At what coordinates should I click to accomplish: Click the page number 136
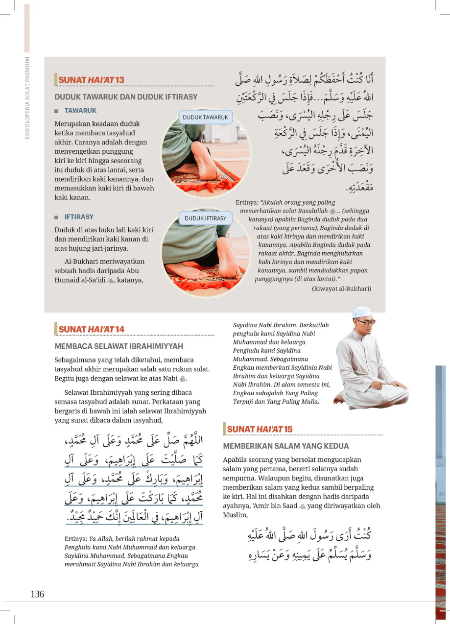pyautogui.click(x=37, y=594)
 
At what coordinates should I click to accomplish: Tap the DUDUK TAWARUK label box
pyautogui.click(x=206, y=118)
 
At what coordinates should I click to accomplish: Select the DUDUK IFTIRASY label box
pyautogui.click(x=205, y=218)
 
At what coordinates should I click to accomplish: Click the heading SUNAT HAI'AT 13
pyautogui.click(x=91, y=80)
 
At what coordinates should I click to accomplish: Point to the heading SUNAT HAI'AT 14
pyautogui.click(x=91, y=329)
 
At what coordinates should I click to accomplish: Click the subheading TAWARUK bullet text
pyautogui.click(x=80, y=111)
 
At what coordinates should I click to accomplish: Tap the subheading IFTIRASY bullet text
pyautogui.click(x=79, y=216)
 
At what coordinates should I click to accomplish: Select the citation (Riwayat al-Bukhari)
pyautogui.click(x=341, y=288)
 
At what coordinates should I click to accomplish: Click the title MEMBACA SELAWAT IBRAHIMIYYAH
pyautogui.click(x=119, y=346)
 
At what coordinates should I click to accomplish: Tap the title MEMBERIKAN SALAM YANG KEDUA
pyautogui.click(x=286, y=446)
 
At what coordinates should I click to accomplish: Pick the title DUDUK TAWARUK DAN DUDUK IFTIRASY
pyautogui.click(x=126, y=96)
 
